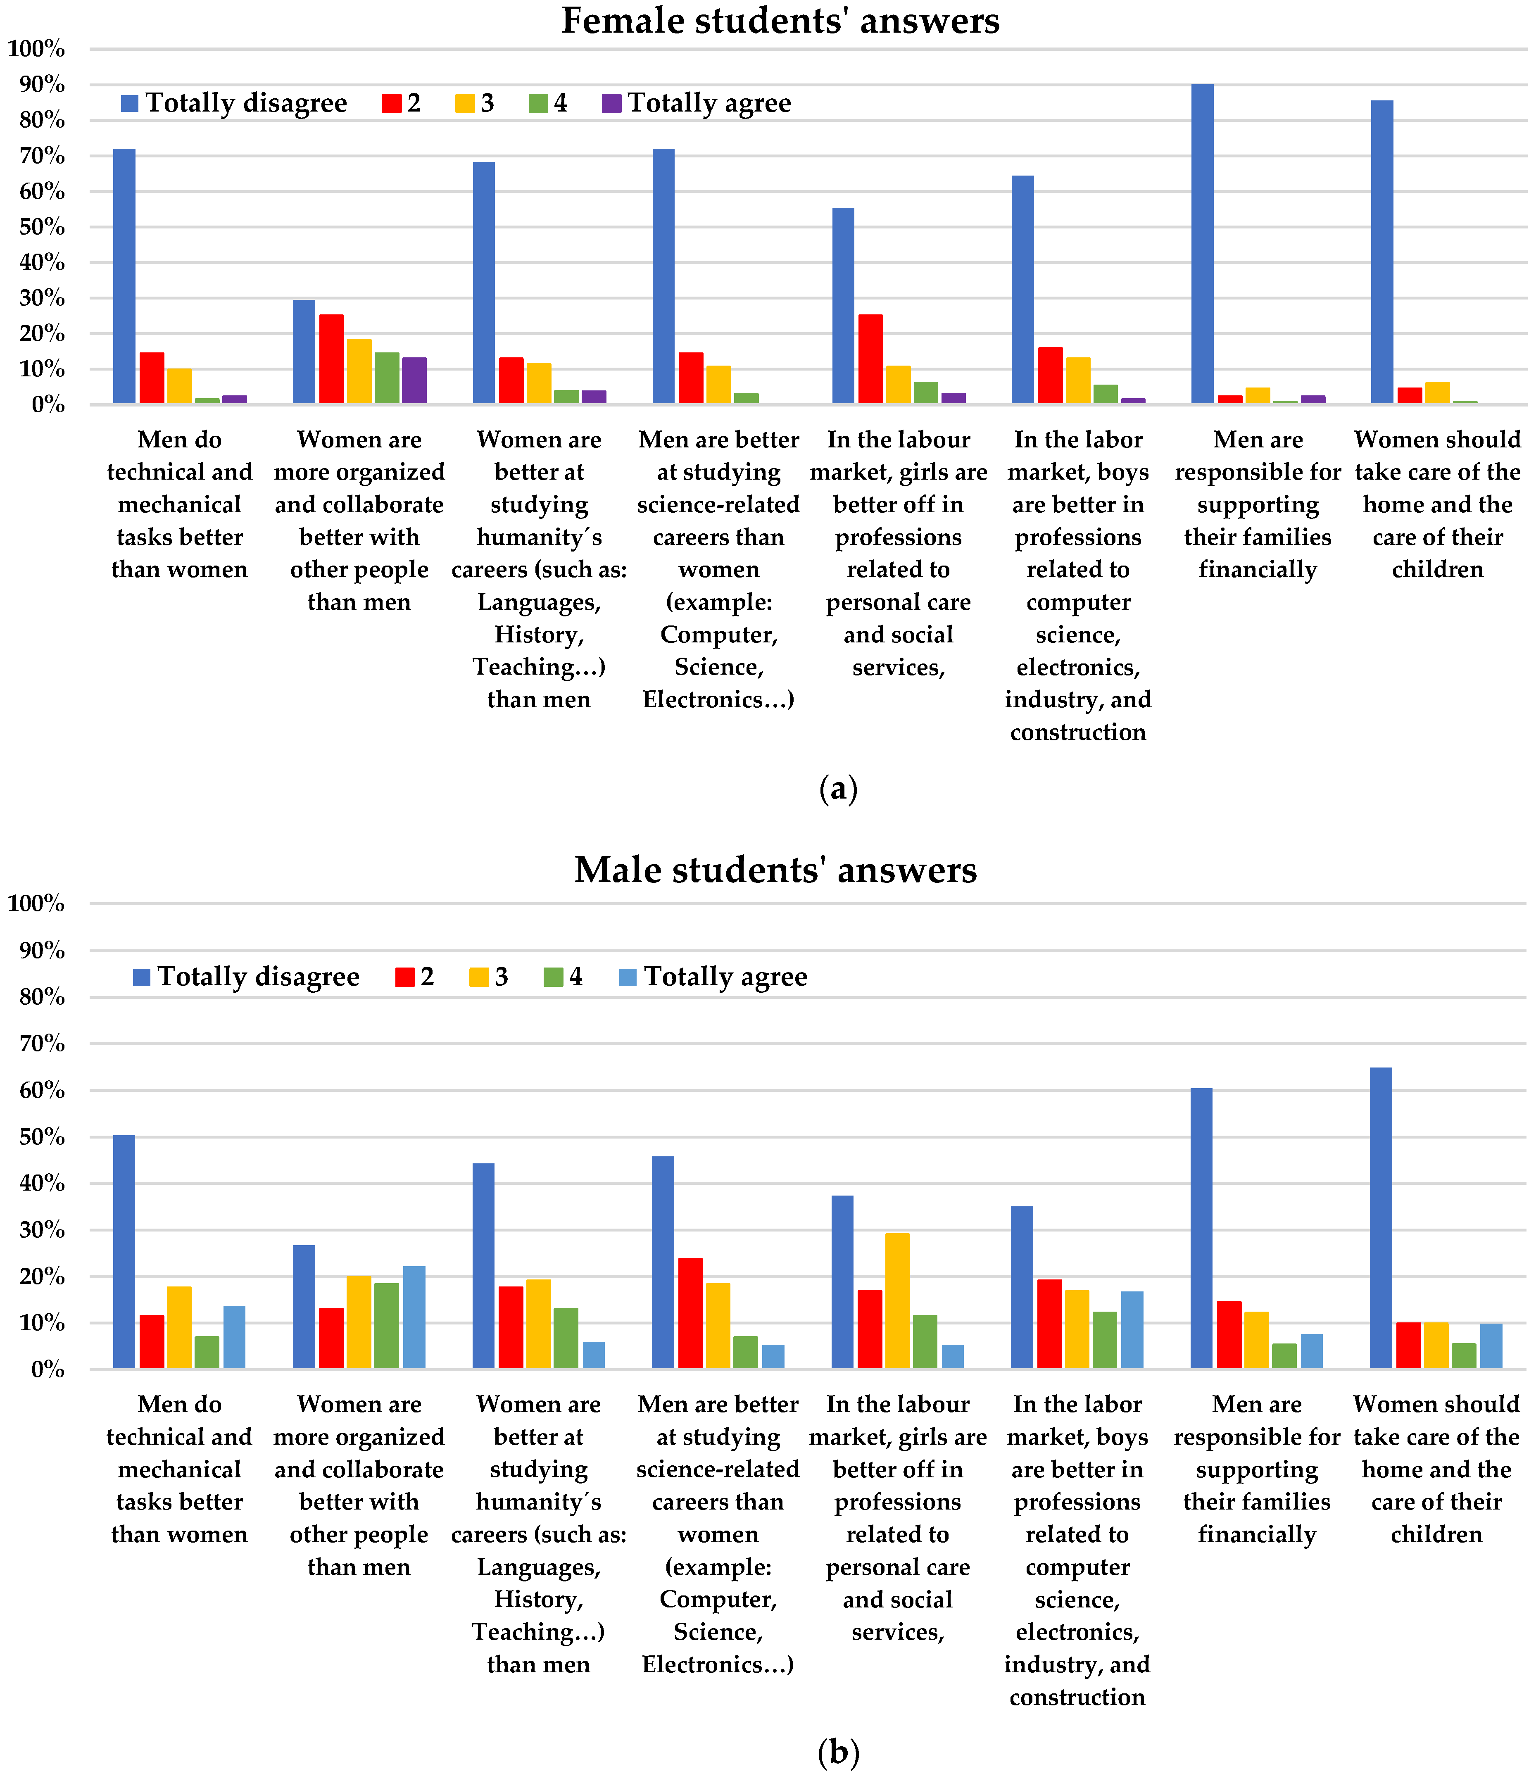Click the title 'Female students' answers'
click(780, 21)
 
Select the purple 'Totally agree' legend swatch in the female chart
click(611, 104)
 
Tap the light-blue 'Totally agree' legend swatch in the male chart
click(628, 977)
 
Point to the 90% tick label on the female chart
click(36, 84)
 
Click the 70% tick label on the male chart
click(36, 1044)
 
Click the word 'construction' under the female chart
click(1077, 732)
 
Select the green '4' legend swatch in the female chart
click(537, 104)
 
